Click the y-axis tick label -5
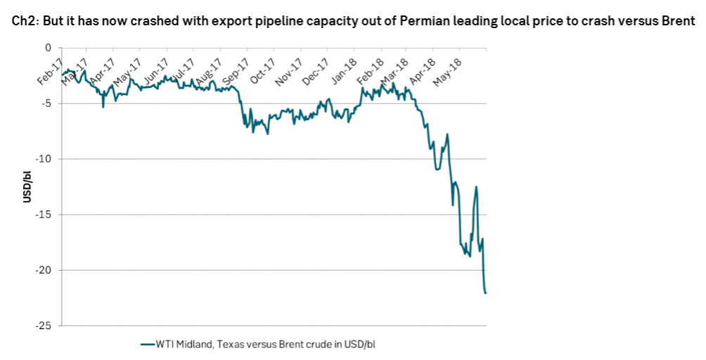[48, 103]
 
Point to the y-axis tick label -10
[45, 159]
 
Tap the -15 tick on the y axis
[45, 214]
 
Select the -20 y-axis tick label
[45, 270]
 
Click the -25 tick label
[45, 326]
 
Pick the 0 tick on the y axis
[49, 48]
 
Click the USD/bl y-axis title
[27, 186]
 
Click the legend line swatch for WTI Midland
[146, 345]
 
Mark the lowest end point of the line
[485, 292]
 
